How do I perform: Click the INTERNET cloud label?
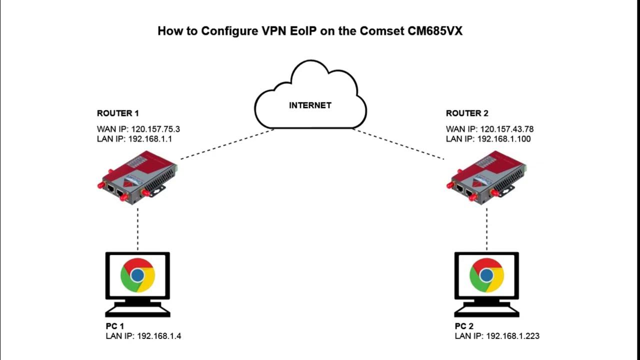pos(310,105)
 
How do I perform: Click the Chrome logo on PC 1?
pos(137,275)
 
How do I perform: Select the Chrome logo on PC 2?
pos(486,275)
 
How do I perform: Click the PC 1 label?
pos(114,326)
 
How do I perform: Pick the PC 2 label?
pos(464,326)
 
